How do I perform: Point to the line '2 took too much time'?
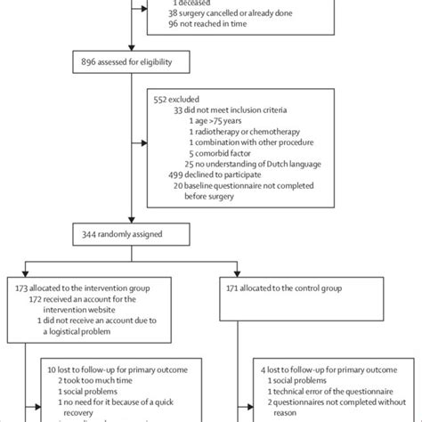point(98,378)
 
